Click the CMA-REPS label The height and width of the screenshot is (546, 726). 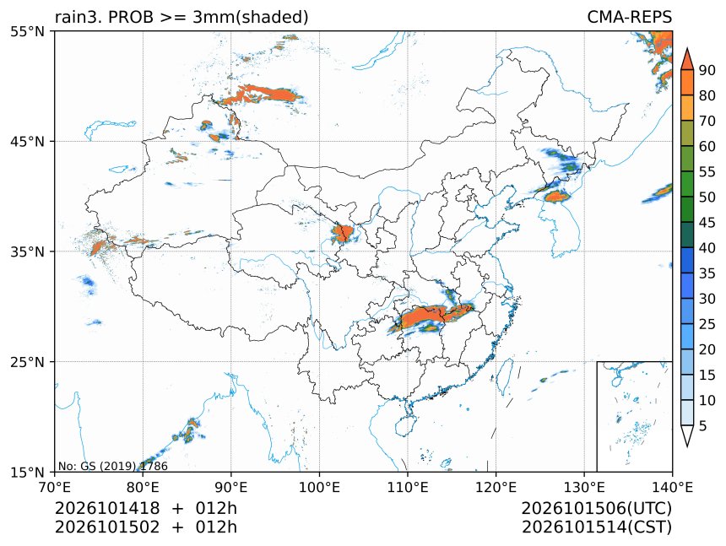[629, 17]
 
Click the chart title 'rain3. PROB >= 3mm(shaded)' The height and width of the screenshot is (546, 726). [181, 17]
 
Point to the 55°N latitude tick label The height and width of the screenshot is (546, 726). [27, 31]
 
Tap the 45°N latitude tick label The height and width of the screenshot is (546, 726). [27, 141]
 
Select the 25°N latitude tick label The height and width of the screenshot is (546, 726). [27, 361]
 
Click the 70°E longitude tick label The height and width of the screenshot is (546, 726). [55, 487]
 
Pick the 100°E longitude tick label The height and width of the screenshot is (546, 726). [319, 487]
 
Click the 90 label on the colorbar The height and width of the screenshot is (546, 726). [707, 70]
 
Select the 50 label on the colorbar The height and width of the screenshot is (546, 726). [707, 197]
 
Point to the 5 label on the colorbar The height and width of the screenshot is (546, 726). [703, 425]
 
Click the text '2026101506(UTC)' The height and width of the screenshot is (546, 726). [596, 509]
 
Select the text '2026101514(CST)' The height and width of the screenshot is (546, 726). [596, 527]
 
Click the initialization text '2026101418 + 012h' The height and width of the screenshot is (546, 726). [146, 508]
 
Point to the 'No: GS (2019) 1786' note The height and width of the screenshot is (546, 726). [112, 466]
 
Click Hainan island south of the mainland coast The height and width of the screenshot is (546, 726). [407, 425]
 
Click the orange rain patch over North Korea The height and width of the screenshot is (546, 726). [557, 197]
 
